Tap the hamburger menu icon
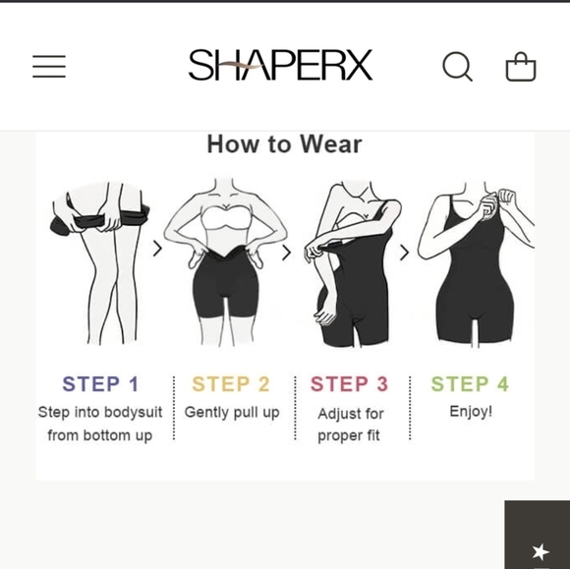(x=49, y=66)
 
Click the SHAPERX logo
(x=280, y=66)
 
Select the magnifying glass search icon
(x=457, y=66)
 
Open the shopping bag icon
(x=521, y=67)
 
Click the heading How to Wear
(x=284, y=144)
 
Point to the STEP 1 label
(x=100, y=384)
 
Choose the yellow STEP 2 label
(x=231, y=384)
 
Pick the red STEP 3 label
(x=350, y=384)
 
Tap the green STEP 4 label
(x=470, y=384)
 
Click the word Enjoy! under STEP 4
(x=471, y=412)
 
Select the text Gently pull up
(x=232, y=413)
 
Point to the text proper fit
(x=349, y=435)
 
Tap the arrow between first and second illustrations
(x=157, y=249)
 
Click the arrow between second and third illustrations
(x=287, y=253)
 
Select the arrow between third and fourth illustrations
(x=404, y=253)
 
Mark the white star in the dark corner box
(x=541, y=552)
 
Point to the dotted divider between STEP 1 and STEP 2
(x=174, y=408)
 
